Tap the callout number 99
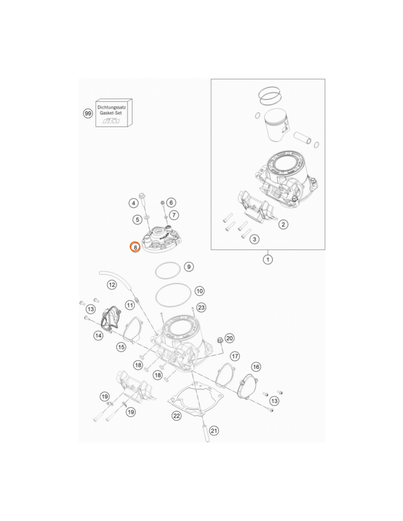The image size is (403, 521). (88, 113)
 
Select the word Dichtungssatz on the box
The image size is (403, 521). (111, 107)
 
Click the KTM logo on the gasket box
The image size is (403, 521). (111, 121)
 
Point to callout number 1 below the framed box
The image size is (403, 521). (267, 259)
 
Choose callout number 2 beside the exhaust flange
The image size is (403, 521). (283, 225)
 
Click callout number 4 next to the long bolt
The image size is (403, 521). (133, 203)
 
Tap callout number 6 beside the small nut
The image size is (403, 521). (171, 203)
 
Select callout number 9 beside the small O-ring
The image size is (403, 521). (189, 267)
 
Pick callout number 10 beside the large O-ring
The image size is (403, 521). (199, 291)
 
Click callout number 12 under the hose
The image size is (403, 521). (112, 285)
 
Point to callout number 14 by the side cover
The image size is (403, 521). (99, 335)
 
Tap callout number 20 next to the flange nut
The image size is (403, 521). (229, 338)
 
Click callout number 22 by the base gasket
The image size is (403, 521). (177, 416)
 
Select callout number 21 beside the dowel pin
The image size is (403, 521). (214, 431)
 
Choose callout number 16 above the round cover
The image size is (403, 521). (256, 367)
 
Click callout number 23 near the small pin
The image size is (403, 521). (201, 307)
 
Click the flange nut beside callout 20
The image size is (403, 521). (219, 340)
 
